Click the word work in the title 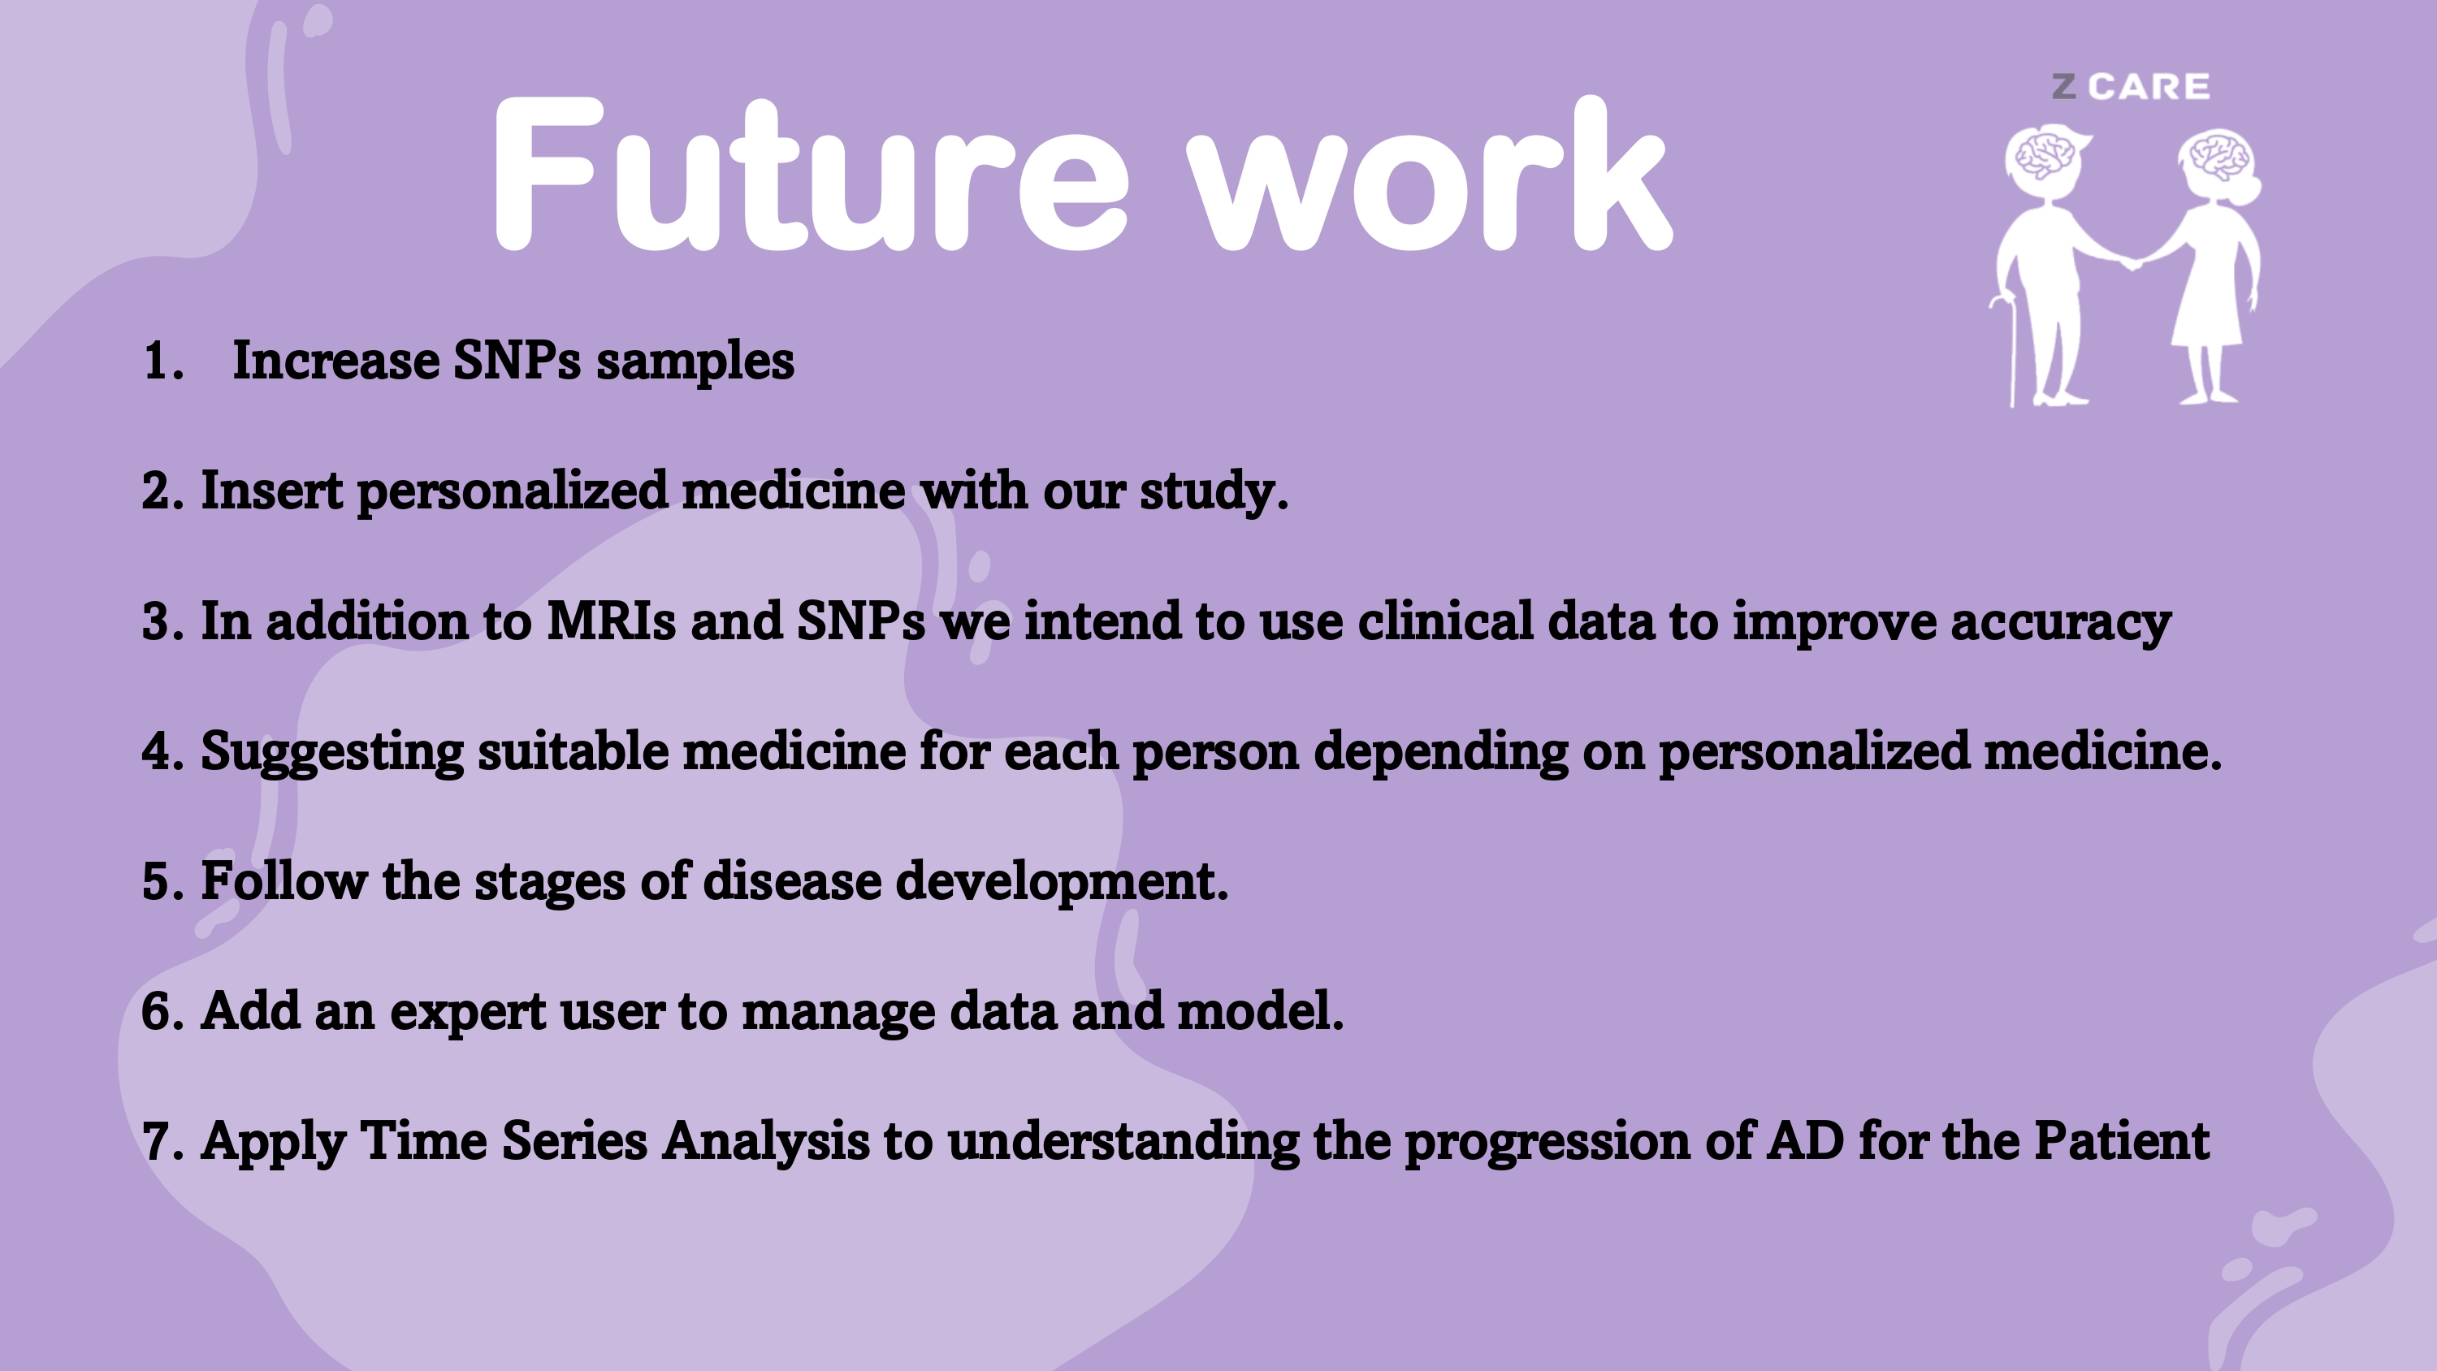[x=1430, y=175]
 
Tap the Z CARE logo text [x=2131, y=87]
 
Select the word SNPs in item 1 [x=517, y=361]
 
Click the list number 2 [x=162, y=491]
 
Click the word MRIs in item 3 [x=611, y=621]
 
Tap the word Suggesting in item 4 [x=332, y=753]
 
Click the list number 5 [x=162, y=882]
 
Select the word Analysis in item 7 [x=765, y=1142]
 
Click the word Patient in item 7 [x=2122, y=1140]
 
